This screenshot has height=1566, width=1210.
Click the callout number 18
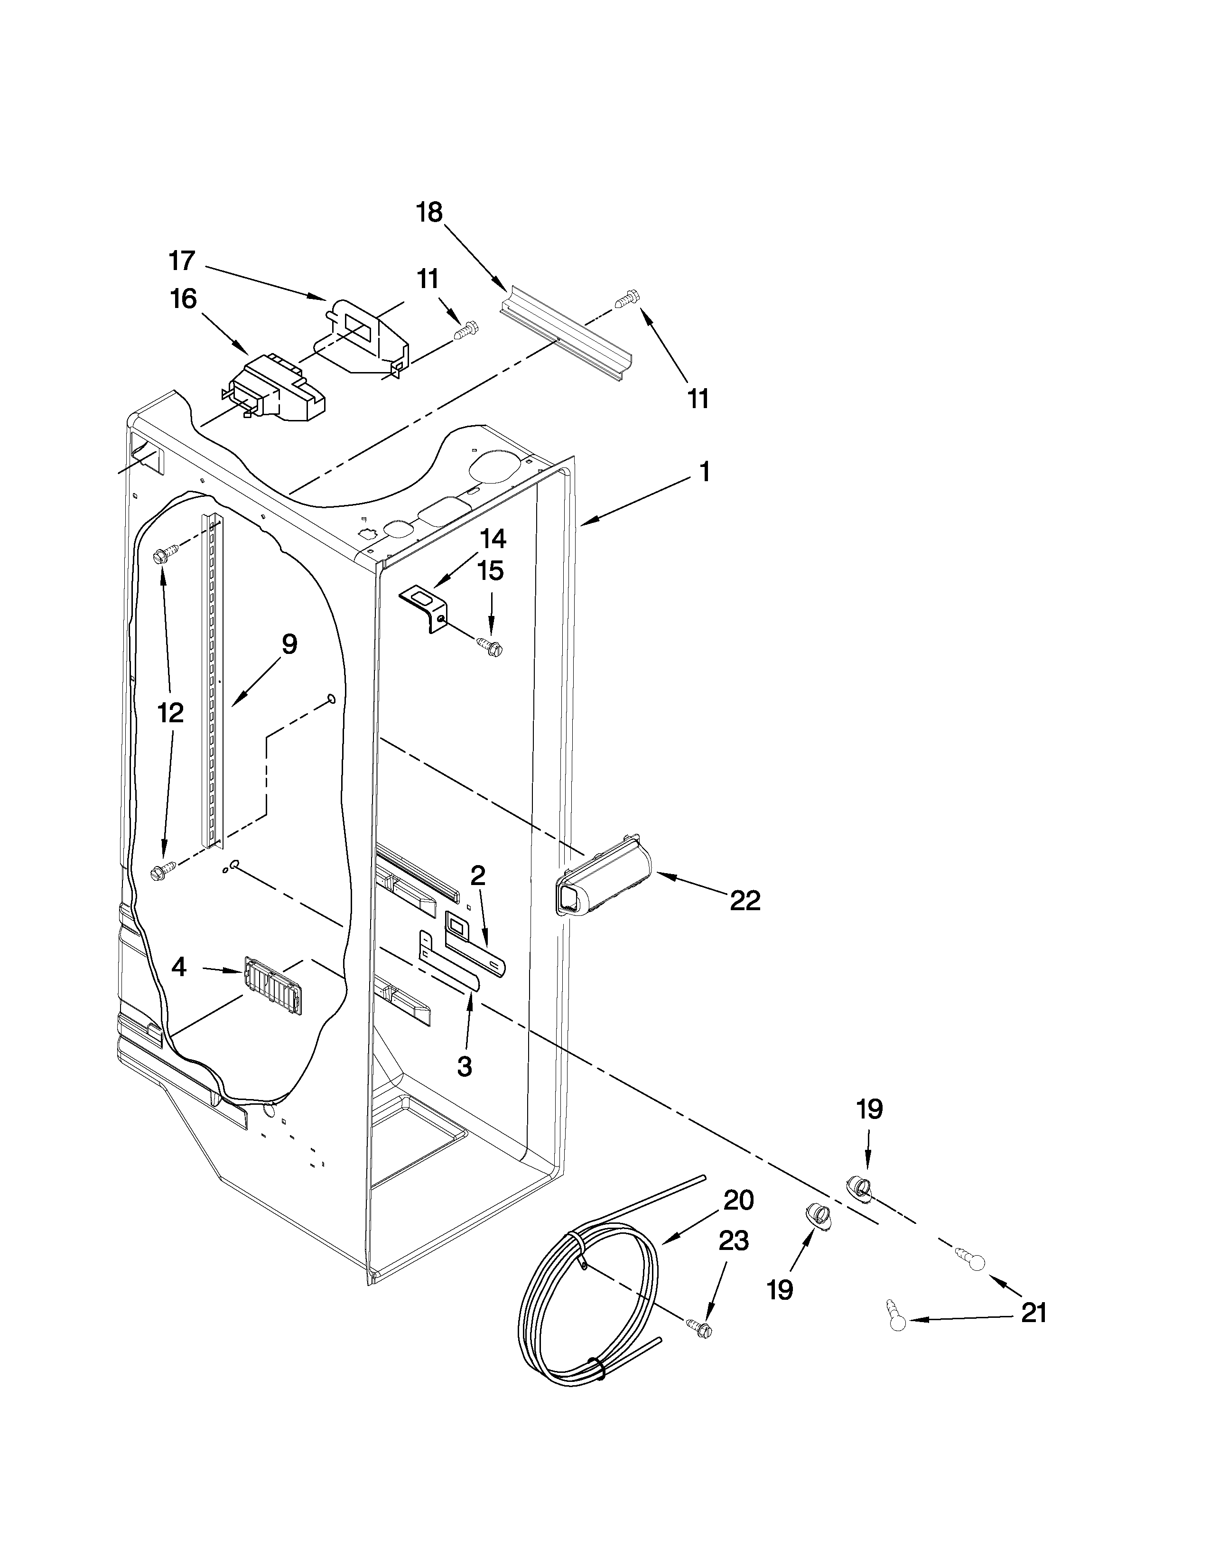click(x=429, y=213)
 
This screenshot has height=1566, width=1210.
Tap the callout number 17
click(x=182, y=261)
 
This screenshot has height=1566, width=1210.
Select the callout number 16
click(x=184, y=299)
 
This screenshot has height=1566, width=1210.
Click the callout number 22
click(x=745, y=901)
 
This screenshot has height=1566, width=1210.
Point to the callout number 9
click(x=289, y=644)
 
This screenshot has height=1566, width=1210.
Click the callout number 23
click(x=733, y=1240)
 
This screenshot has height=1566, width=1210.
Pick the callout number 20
click(x=738, y=1200)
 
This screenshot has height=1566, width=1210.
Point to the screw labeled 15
click(x=491, y=647)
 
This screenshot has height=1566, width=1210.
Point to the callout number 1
click(x=705, y=472)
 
